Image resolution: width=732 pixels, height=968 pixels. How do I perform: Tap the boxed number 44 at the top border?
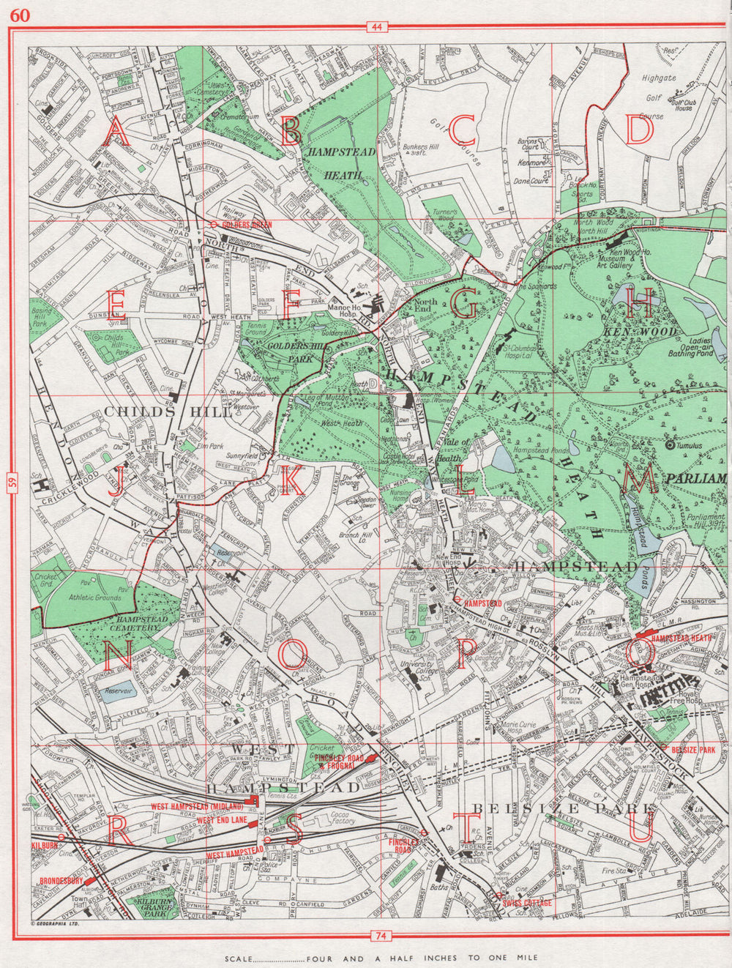(x=377, y=28)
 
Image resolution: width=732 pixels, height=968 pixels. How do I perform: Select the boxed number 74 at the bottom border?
(x=379, y=935)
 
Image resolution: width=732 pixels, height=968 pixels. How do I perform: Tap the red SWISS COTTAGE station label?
(x=526, y=903)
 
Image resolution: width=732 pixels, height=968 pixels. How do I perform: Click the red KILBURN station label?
(x=45, y=846)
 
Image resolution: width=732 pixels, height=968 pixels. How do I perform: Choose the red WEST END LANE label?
(x=222, y=821)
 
